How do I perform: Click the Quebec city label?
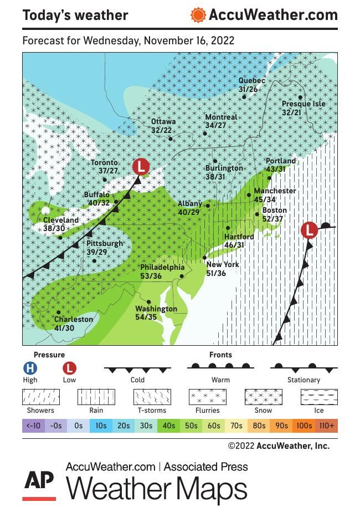click(251, 81)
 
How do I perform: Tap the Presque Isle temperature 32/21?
click(291, 112)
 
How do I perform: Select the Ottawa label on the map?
click(163, 122)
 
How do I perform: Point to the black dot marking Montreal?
click(205, 134)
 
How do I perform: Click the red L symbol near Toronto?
click(141, 166)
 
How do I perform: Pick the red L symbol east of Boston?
click(309, 230)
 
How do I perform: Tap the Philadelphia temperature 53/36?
click(151, 276)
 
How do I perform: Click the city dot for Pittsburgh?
click(94, 261)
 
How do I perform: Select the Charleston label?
click(74, 320)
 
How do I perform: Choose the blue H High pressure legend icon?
click(30, 368)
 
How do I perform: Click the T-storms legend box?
click(152, 397)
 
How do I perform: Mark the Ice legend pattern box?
click(319, 397)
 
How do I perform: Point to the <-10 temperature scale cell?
click(33, 426)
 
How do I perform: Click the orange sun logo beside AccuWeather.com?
click(198, 15)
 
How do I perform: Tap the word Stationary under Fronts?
click(304, 380)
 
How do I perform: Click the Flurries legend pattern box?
click(208, 397)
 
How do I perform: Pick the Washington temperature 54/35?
click(147, 317)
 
